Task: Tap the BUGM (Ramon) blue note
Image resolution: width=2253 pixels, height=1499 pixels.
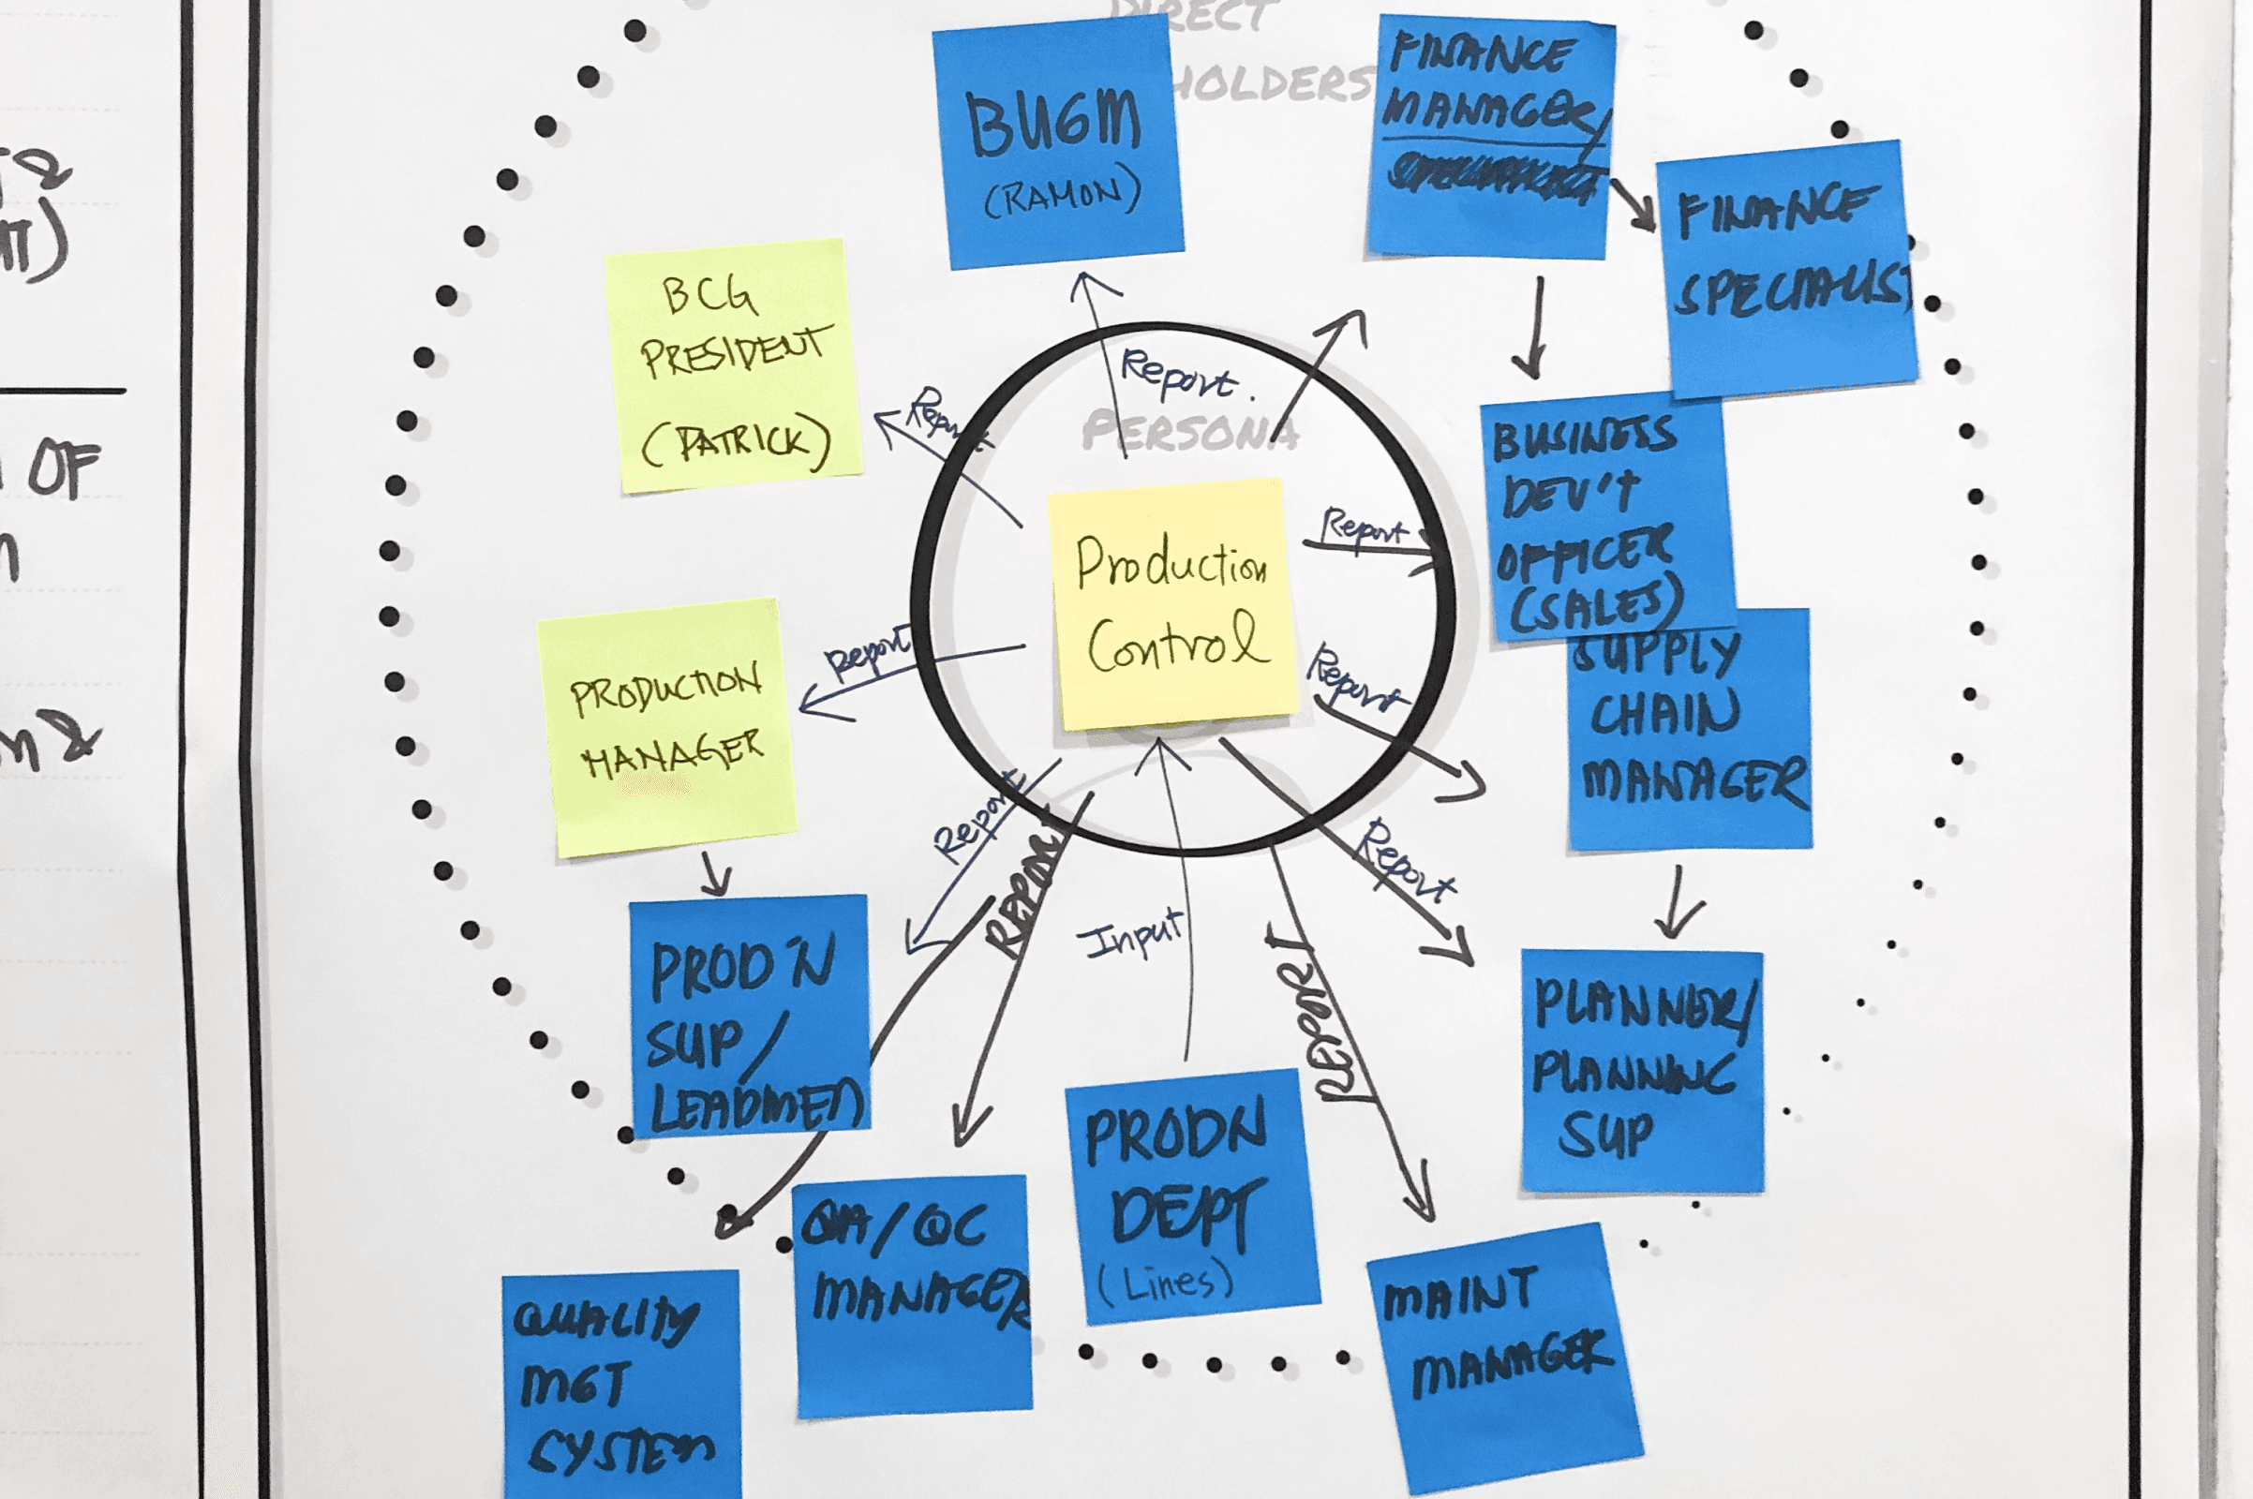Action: coord(1058,143)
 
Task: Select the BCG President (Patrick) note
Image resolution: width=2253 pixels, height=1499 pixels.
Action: coord(734,366)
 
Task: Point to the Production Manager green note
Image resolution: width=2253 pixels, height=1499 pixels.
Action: coord(666,728)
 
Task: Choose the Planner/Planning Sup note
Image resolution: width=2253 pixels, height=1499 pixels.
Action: coord(1642,1071)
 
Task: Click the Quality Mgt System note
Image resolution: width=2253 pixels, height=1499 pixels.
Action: coord(619,1387)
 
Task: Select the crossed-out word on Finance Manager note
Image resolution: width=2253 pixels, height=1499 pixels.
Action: coord(1492,177)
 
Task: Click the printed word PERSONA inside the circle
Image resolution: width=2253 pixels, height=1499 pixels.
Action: coord(1189,432)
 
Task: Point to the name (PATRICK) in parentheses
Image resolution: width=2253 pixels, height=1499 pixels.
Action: coord(735,441)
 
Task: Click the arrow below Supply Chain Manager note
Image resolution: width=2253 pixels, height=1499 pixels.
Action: coord(1677,903)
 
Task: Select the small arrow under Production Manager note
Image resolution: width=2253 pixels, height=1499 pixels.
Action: coord(714,874)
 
